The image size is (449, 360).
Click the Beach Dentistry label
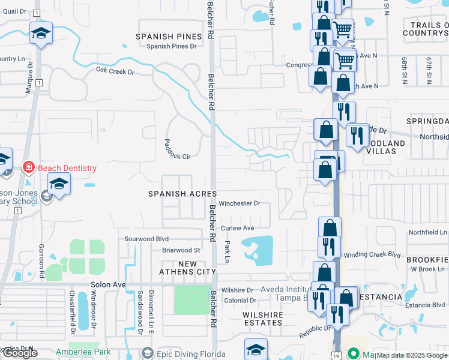pyautogui.click(x=67, y=168)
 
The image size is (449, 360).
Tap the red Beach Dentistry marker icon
pyautogui.click(x=28, y=167)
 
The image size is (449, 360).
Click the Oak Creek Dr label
pyautogui.click(x=115, y=71)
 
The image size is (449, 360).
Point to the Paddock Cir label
pyautogui.click(x=177, y=149)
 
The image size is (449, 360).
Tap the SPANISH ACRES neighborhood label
pyautogui.click(x=178, y=193)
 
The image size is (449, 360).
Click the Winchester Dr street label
pyautogui.click(x=239, y=203)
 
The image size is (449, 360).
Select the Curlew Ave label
pyautogui.click(x=238, y=228)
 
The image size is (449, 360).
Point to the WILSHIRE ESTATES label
pyautogui.click(x=262, y=319)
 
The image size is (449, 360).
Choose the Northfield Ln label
pyautogui.click(x=428, y=232)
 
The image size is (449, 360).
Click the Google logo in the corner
pyautogui.click(x=20, y=353)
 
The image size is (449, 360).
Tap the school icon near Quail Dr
pyautogui.click(x=41, y=33)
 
